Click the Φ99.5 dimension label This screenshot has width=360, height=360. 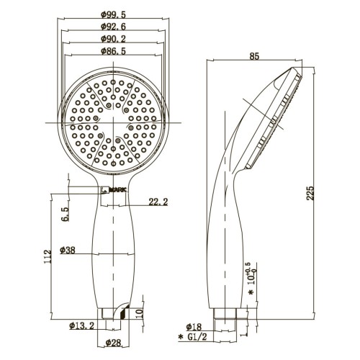click(113, 14)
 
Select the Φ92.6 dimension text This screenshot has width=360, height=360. click(113, 27)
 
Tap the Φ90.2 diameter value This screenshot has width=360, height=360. click(113, 39)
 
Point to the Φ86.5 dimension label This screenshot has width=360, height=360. click(113, 51)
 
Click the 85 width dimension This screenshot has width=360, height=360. click(254, 56)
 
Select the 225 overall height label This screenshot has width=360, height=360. click(310, 193)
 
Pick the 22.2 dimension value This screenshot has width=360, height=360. click(158, 202)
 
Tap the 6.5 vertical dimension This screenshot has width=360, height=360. click(65, 214)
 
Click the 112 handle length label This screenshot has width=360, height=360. click(48, 256)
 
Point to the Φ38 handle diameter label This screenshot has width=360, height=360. click(68, 250)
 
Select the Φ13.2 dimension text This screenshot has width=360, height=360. click(82, 325)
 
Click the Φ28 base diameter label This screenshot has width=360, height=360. click(113, 343)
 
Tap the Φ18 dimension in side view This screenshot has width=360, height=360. click(194, 327)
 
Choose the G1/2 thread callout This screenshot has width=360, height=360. click(192, 337)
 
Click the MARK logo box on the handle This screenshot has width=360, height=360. click(114, 190)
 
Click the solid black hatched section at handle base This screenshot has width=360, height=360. click(124, 313)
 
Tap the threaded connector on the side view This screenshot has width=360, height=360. click(225, 313)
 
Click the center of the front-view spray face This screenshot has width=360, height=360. click(113, 122)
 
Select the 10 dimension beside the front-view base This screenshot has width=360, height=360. click(140, 313)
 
